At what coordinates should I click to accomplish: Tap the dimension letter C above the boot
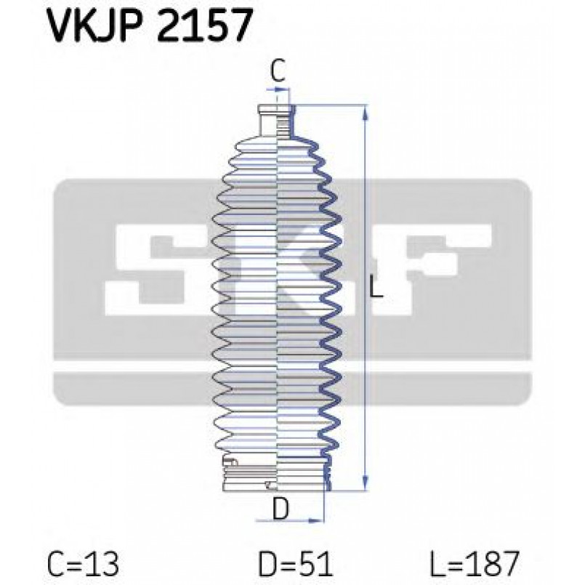[278, 71]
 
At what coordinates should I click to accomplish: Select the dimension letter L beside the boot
[376, 289]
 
